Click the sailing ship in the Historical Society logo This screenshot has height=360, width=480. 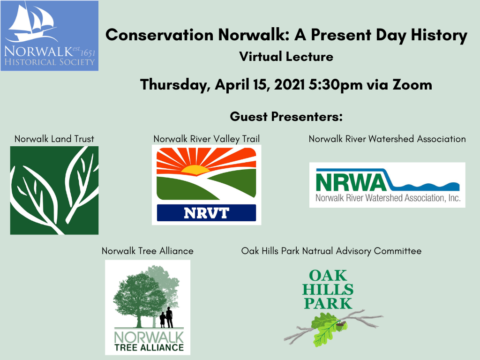click(32, 23)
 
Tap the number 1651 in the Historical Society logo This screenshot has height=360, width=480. click(88, 53)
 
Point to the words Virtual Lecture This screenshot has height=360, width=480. click(286, 57)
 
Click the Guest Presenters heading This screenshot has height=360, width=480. click(286, 117)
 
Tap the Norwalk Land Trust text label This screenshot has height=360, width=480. click(54, 139)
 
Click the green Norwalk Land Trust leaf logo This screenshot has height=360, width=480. click(54, 190)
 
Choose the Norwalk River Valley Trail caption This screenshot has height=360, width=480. click(207, 139)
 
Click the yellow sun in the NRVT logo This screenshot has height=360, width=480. click(195, 170)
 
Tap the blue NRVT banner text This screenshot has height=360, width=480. click(206, 213)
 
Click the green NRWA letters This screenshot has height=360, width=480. click(351, 183)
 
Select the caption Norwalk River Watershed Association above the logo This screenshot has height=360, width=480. click(387, 139)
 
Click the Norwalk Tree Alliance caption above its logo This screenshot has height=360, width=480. click(148, 251)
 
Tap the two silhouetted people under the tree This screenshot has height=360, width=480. click(166, 318)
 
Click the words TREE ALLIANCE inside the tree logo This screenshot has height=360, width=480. click(149, 347)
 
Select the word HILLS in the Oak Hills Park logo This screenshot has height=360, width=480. click(328, 290)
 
